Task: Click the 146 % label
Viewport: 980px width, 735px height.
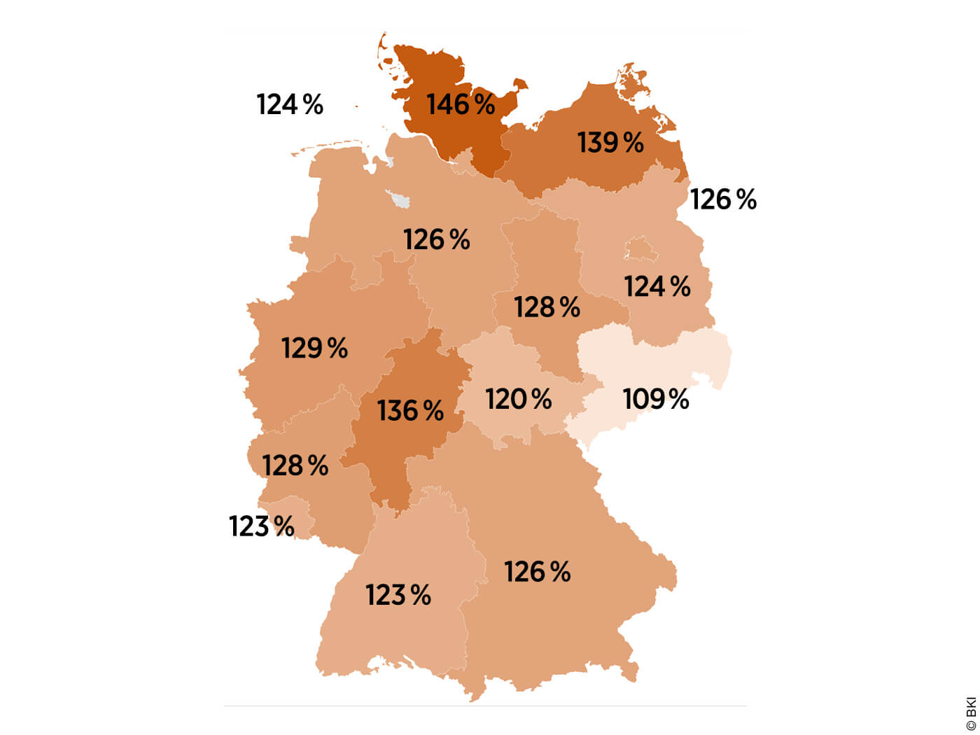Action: tap(461, 104)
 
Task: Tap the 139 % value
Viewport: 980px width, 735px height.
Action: tap(610, 143)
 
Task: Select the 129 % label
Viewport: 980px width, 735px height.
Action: tap(314, 348)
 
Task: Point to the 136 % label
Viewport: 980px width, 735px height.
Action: tap(410, 411)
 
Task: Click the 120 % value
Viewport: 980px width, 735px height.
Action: tap(519, 400)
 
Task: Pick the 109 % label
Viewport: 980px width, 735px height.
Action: tap(656, 400)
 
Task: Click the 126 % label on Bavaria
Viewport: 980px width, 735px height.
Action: tap(538, 572)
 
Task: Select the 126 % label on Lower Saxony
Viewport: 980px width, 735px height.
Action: tap(437, 240)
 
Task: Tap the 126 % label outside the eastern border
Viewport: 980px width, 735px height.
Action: tap(724, 199)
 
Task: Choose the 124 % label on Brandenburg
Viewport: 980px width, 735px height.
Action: tap(657, 286)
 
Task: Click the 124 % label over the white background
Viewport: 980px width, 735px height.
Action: tap(290, 105)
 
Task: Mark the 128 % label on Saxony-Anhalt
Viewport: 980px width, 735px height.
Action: tap(547, 307)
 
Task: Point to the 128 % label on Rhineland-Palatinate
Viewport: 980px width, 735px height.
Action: tap(295, 465)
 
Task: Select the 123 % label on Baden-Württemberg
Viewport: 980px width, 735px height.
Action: tap(398, 596)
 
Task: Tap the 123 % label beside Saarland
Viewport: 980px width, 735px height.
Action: tap(262, 526)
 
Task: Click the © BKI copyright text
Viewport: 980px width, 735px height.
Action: tap(970, 713)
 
